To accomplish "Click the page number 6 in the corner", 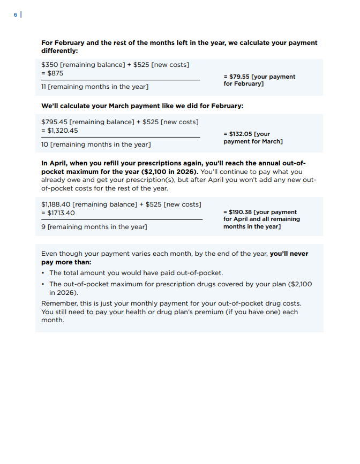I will (16, 15).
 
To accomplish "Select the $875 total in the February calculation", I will (55, 73).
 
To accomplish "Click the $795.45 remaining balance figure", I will (54, 122).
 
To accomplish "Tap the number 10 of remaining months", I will (44, 144).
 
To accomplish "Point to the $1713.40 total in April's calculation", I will (61, 212).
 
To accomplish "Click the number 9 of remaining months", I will (43, 227).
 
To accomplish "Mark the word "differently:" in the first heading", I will (59, 51).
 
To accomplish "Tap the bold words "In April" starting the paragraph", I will (52, 163).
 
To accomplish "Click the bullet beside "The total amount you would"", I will (43, 273).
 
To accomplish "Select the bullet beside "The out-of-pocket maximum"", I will (43, 284).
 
